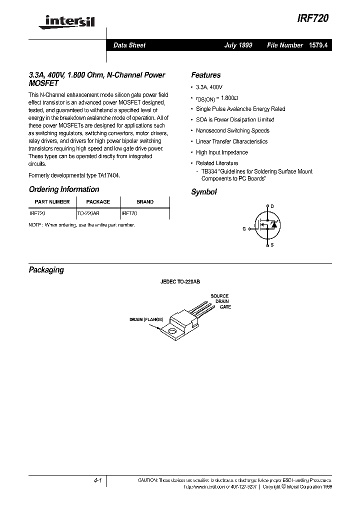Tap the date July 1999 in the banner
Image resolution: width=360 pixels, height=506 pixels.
point(238,45)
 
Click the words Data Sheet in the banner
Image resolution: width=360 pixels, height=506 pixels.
point(129,45)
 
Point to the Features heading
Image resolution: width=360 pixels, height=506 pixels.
point(205,75)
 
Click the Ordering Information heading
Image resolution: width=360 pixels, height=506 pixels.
point(64,189)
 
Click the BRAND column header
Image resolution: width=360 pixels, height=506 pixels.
point(145,202)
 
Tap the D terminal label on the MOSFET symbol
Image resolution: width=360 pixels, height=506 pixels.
point(272,206)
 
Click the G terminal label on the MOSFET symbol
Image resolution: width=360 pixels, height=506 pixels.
point(244,228)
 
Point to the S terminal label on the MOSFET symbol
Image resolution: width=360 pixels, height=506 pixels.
point(272,245)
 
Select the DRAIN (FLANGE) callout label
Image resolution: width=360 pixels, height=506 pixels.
point(146,318)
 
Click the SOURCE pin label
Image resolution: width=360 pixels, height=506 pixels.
point(219,296)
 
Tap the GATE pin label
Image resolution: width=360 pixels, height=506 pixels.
point(225,307)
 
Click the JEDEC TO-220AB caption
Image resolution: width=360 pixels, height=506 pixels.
point(179,282)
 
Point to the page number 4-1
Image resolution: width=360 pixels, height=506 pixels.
point(97,480)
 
